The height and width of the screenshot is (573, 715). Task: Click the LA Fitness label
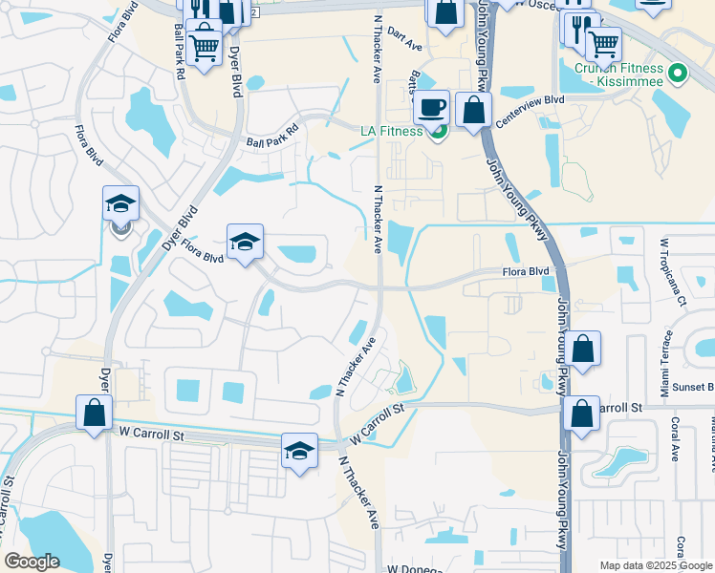click(391, 131)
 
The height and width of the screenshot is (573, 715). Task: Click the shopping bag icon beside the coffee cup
click(474, 110)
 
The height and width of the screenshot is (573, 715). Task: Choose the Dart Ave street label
click(405, 44)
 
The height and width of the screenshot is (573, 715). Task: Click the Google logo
click(32, 562)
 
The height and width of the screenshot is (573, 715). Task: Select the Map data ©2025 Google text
click(656, 565)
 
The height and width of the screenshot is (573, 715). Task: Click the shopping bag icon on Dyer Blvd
click(94, 414)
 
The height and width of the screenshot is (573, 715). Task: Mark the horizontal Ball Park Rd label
click(272, 143)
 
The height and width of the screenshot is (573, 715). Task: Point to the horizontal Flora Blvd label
click(527, 272)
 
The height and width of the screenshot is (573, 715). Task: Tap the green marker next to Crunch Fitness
click(678, 74)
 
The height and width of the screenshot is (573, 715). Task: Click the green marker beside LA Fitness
click(438, 131)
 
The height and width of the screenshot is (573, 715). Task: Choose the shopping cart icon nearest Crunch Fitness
click(603, 43)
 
